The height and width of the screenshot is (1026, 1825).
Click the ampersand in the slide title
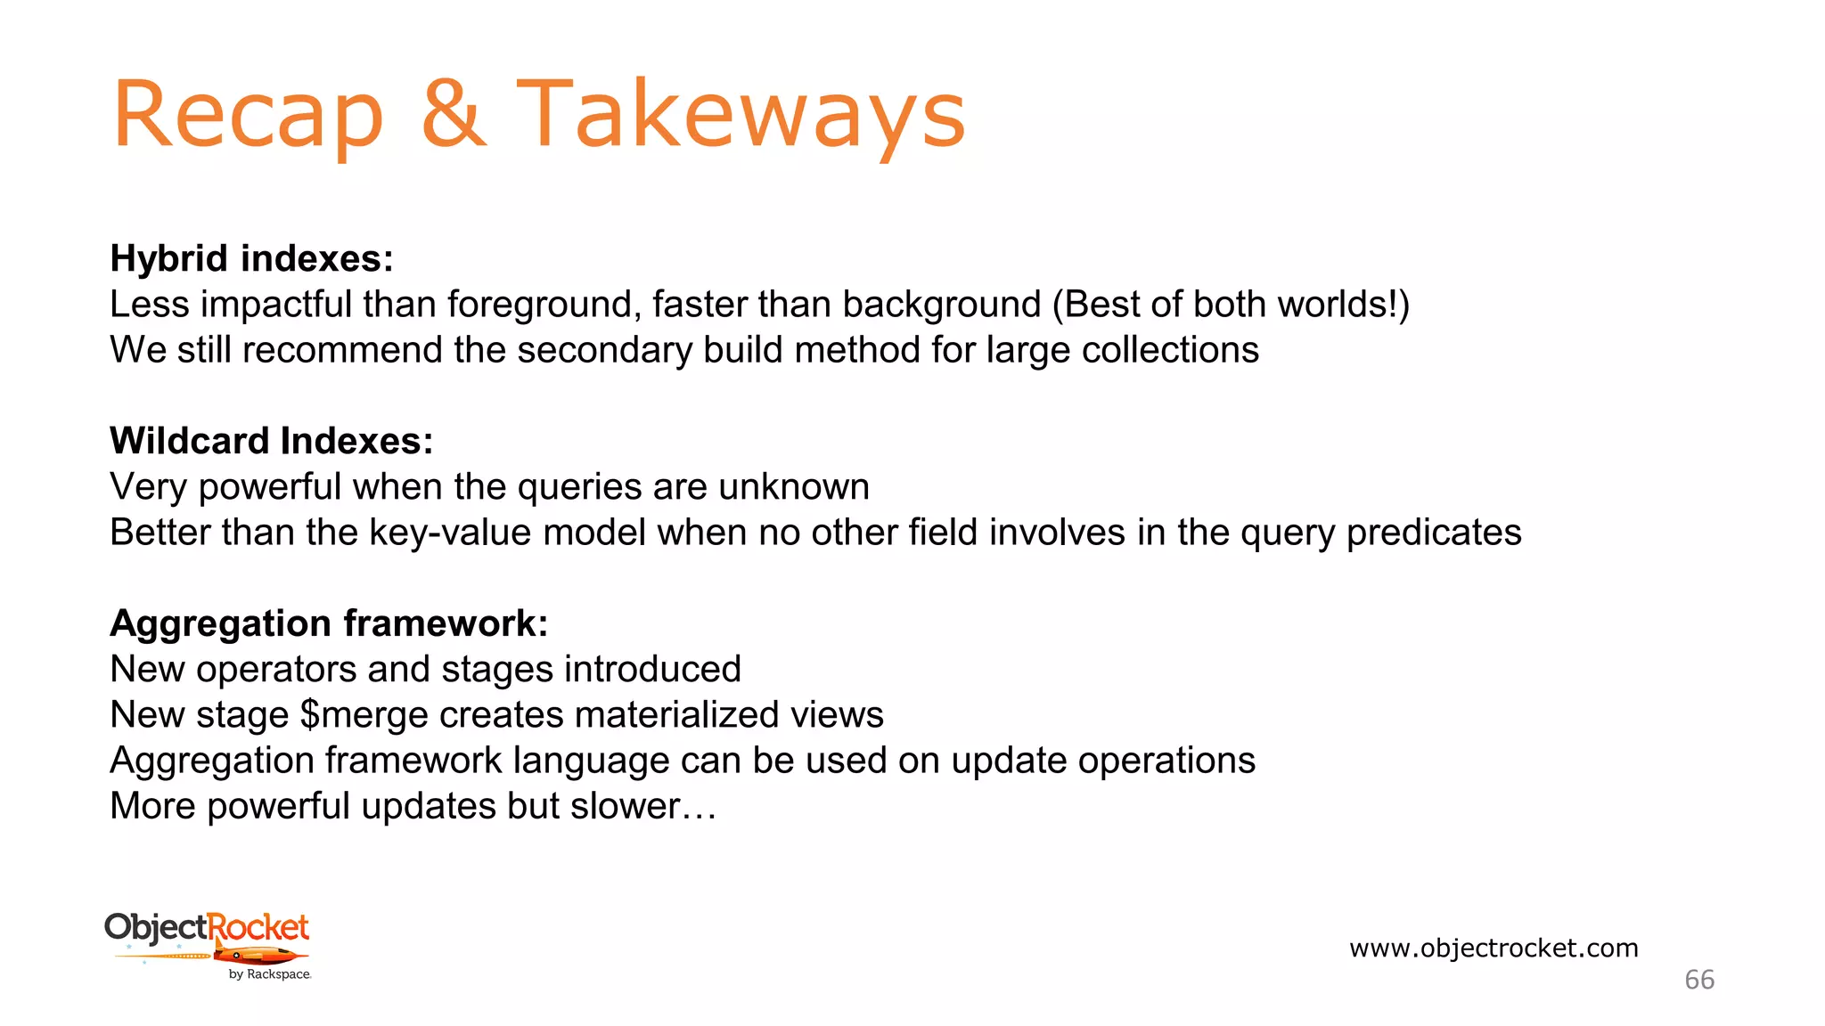[454, 114]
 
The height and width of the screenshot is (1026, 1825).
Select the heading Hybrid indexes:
[251, 259]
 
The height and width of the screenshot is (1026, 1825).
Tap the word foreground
[544, 305]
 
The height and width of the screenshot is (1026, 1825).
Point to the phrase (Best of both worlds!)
[1231, 305]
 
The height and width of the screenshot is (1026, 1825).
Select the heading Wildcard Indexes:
[272, 441]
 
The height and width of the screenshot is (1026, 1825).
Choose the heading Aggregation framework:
[329, 623]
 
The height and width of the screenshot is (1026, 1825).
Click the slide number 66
[1698, 980]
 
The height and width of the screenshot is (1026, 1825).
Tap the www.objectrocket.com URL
[1494, 948]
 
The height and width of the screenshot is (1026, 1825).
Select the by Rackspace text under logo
[269, 974]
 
